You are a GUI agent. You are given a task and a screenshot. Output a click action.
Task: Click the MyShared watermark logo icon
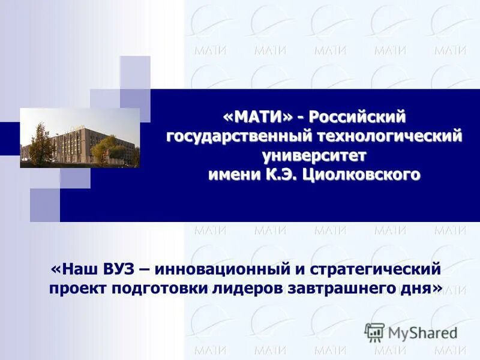[x=374, y=332]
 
